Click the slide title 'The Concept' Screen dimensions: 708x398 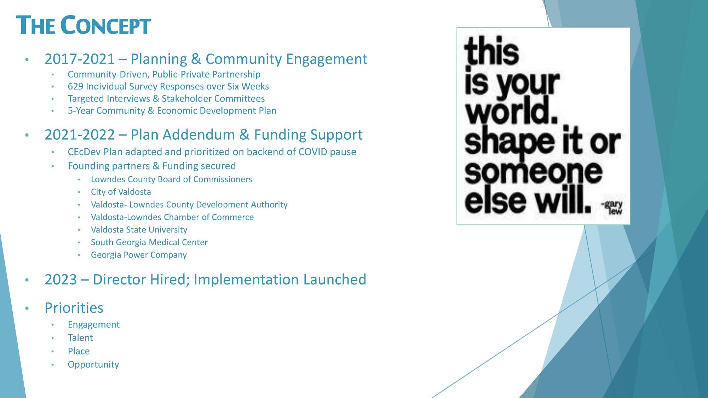coord(84,25)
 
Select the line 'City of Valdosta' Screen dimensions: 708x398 coord(121,192)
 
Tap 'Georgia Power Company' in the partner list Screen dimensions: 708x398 coord(139,255)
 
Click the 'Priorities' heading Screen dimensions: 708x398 coord(74,307)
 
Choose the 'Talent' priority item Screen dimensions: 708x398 coord(80,338)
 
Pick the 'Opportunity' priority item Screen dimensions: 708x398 coord(93,364)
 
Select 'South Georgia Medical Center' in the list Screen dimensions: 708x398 coord(149,242)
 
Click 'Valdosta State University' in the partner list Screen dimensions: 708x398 coord(139,230)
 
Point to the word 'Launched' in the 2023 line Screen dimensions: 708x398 coord(335,279)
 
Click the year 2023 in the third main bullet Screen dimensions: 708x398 coord(61,279)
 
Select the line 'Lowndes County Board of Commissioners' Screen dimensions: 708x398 coord(172,179)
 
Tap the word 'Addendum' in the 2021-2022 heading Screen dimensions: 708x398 coord(200,135)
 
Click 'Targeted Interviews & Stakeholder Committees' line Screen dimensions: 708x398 coord(166,98)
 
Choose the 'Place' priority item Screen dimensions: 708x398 coord(79,351)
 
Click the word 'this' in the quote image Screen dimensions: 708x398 coord(491,52)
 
